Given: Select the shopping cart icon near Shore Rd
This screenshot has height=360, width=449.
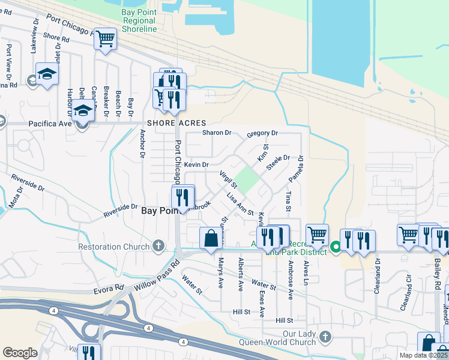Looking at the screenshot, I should (x=106, y=39).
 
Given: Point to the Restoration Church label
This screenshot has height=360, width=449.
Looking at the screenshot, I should (x=114, y=247).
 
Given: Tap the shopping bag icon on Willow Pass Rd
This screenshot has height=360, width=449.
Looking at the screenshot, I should (x=211, y=238).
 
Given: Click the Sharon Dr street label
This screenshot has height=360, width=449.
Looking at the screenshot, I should (x=216, y=133).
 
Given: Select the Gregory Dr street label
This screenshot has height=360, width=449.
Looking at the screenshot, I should (x=262, y=133).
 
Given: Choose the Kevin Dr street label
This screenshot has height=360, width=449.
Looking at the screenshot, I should (x=196, y=164).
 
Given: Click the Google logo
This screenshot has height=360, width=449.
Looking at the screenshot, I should (x=20, y=353).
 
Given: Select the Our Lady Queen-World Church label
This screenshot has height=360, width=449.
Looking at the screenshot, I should (x=291, y=338).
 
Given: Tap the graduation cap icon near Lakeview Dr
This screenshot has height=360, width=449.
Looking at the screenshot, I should (x=46, y=74).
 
